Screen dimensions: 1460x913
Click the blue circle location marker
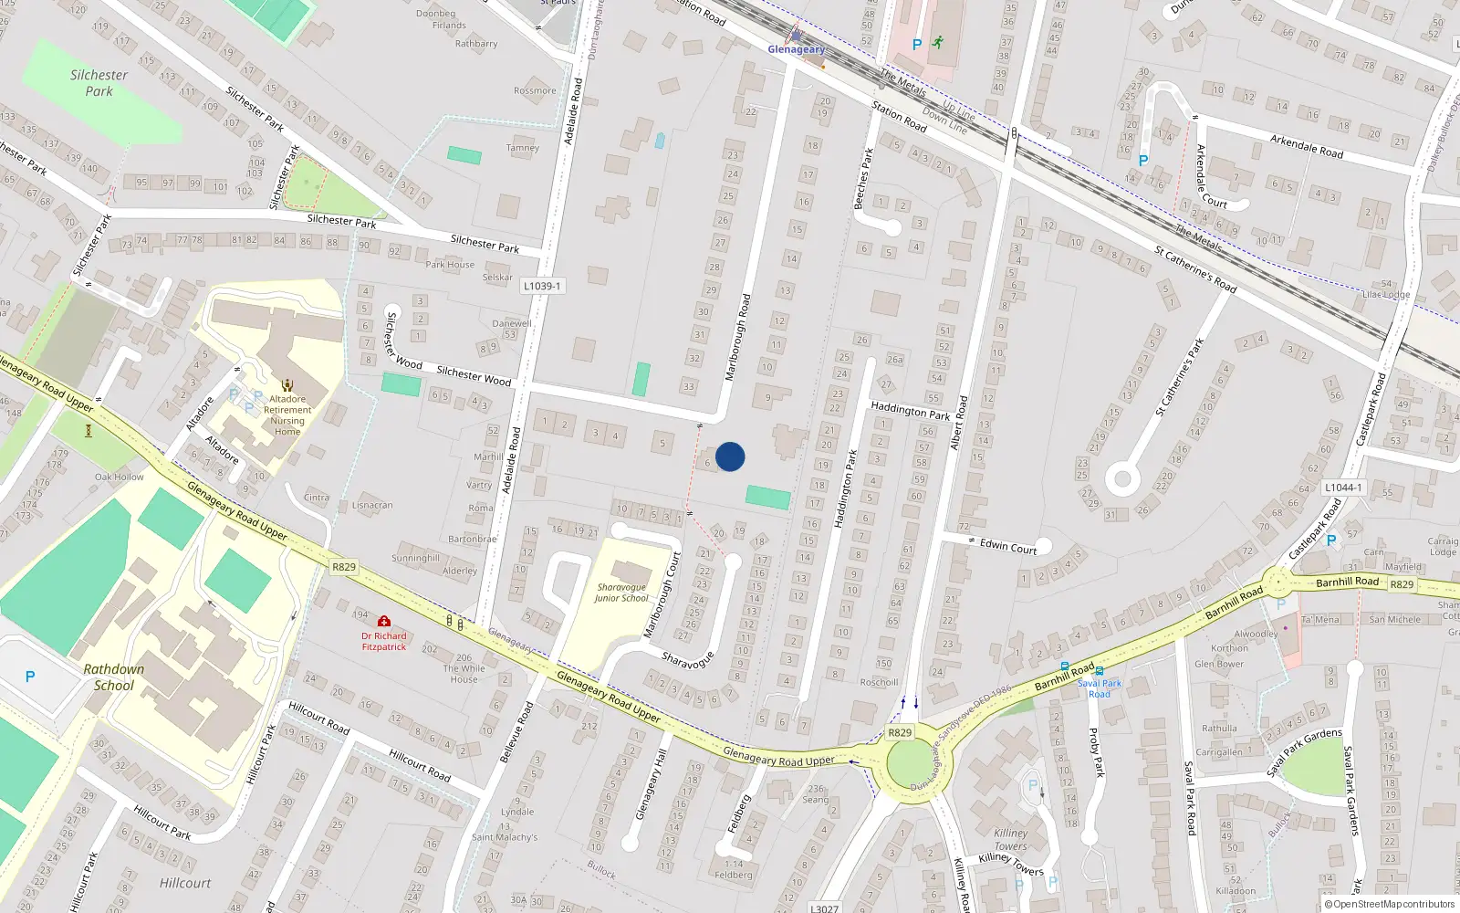(730, 456)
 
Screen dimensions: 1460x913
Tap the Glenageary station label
(796, 49)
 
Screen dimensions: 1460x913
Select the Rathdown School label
(113, 677)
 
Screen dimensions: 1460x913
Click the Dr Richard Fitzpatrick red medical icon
(384, 621)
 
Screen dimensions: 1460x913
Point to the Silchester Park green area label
(99, 83)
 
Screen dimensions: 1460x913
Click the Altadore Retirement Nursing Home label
(287, 415)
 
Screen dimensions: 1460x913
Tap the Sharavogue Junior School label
(621, 593)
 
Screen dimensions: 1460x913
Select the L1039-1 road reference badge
(542, 286)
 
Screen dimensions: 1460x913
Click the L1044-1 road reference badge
(1343, 488)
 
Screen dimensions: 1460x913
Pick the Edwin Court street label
(1007, 546)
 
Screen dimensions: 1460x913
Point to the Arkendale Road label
(1307, 146)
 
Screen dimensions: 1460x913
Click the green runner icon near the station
(937, 42)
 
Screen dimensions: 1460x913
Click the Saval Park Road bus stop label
(1100, 688)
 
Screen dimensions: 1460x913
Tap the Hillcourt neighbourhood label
(185, 883)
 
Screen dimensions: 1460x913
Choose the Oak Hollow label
(120, 477)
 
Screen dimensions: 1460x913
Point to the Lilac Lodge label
(1385, 294)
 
